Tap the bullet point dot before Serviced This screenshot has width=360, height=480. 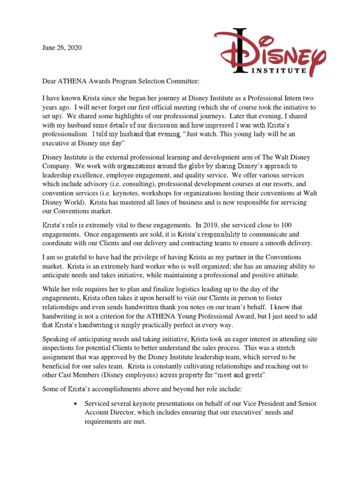(75, 403)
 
